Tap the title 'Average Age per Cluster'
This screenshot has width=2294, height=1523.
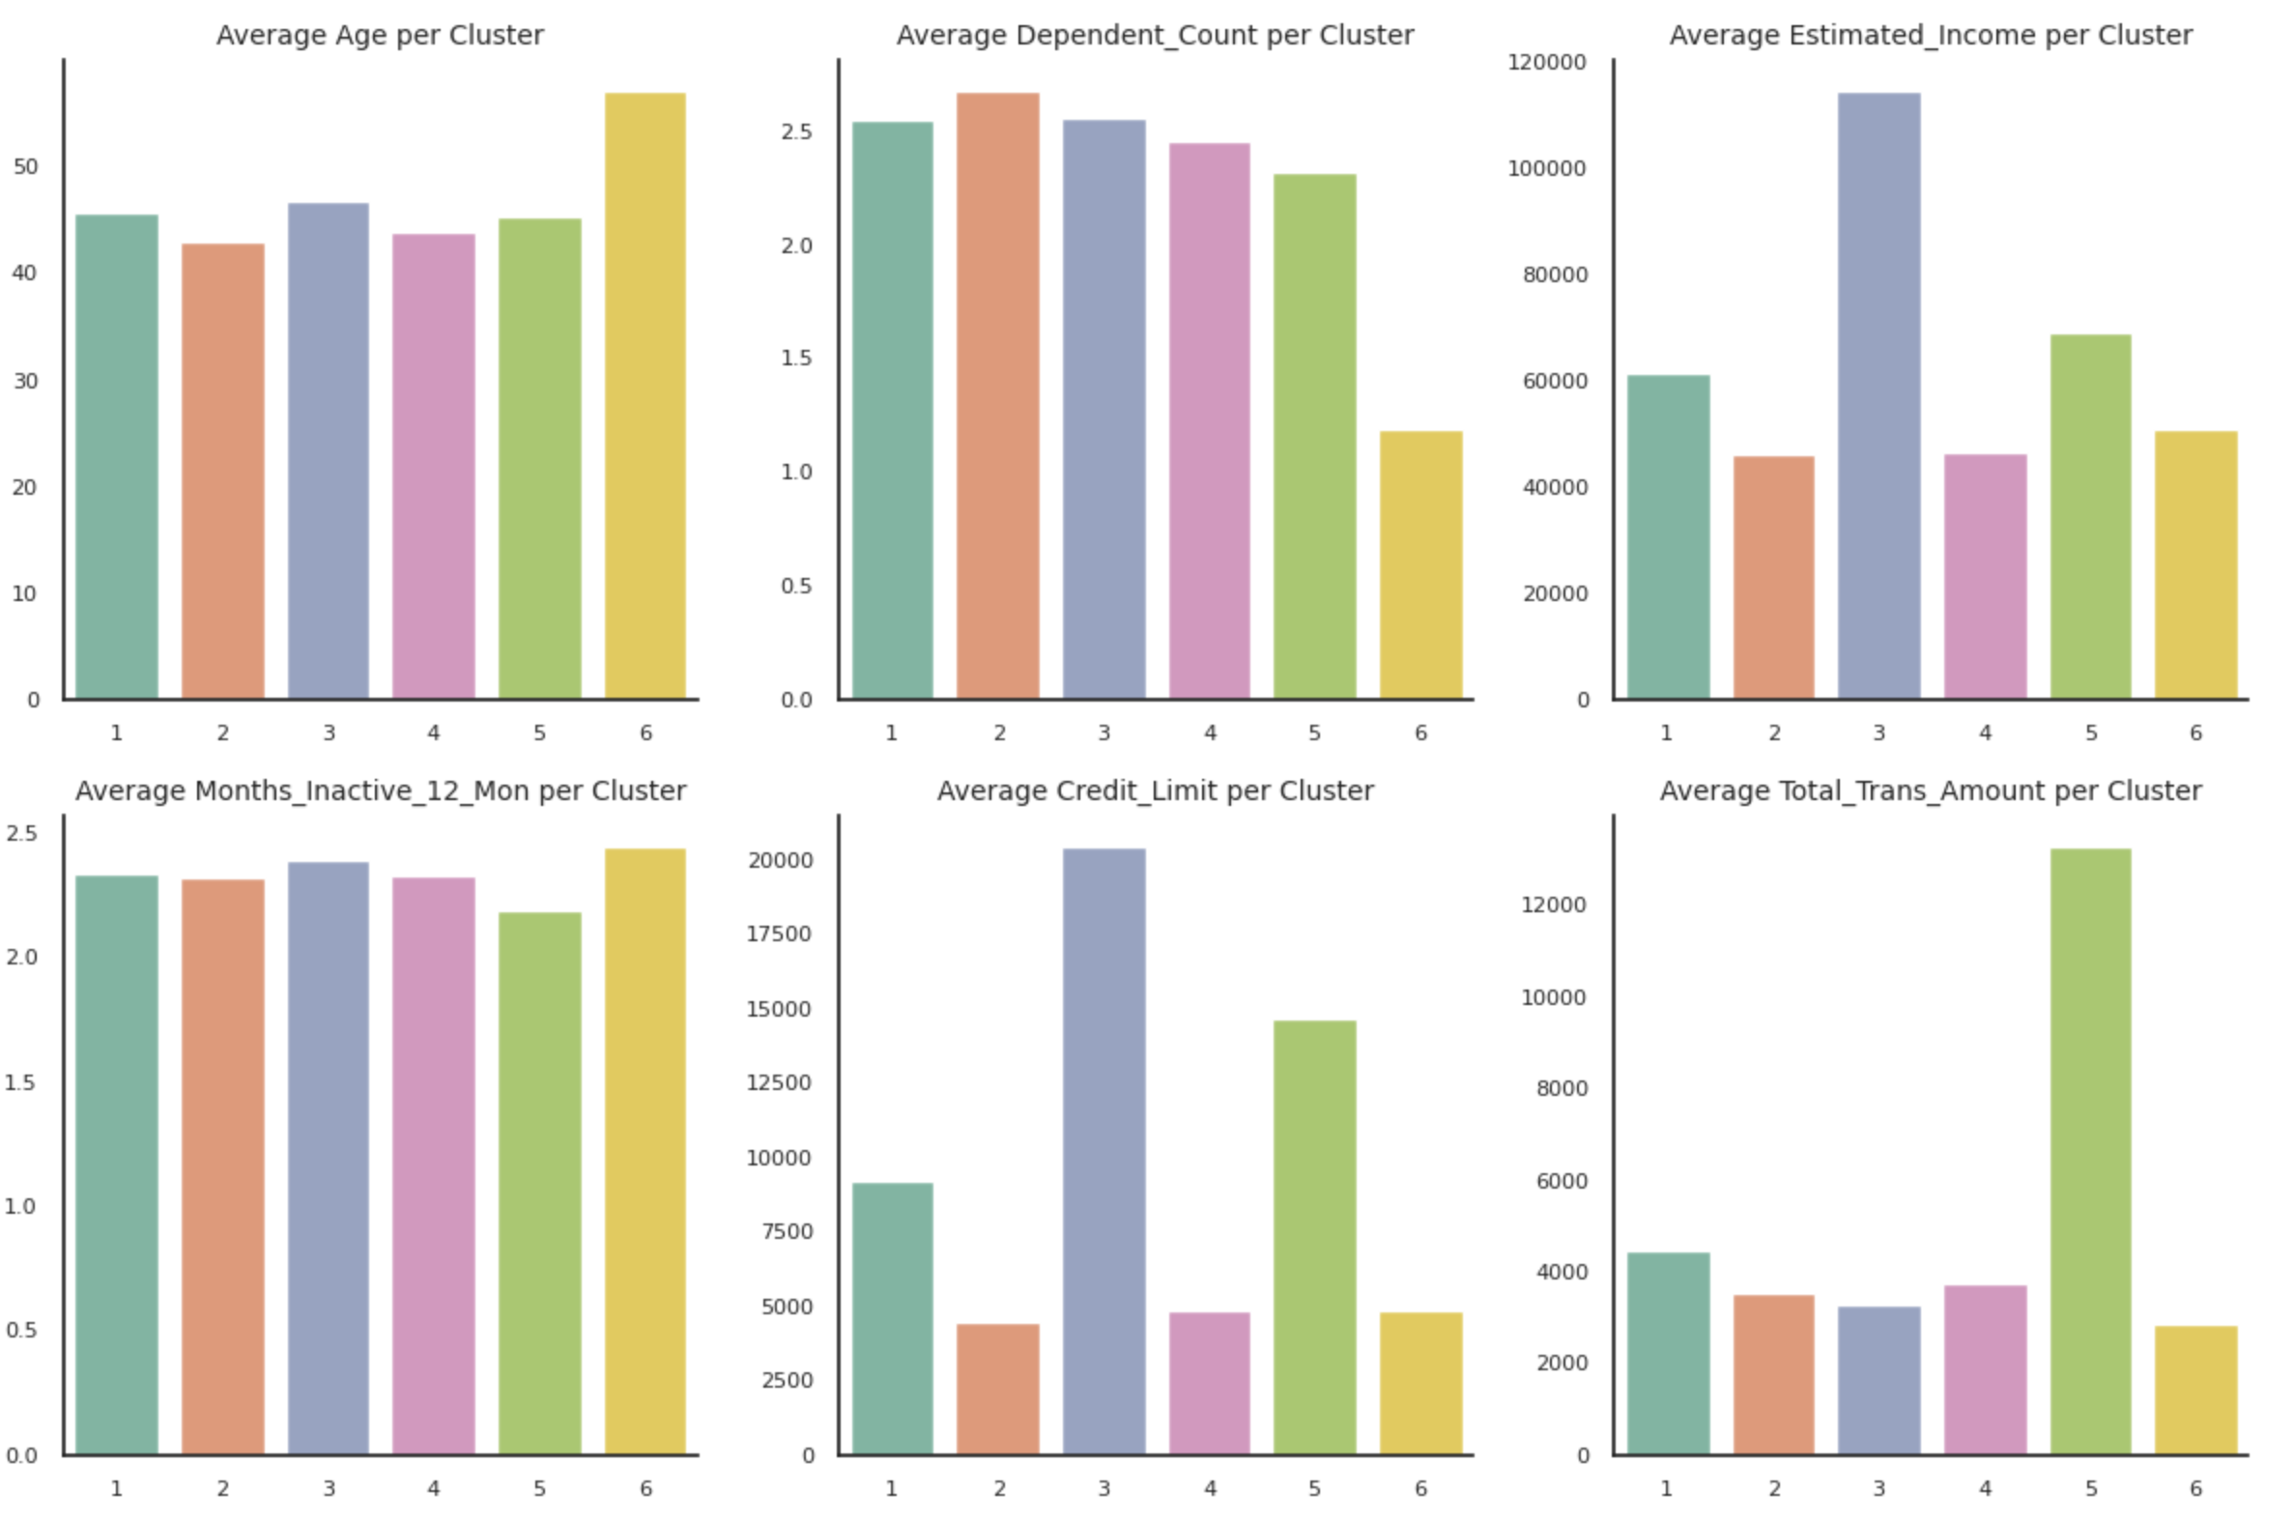click(x=380, y=35)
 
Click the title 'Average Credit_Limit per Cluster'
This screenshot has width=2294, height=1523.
click(x=1155, y=790)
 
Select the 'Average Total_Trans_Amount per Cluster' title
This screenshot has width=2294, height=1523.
click(x=1930, y=790)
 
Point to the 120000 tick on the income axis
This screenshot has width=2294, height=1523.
click(x=1546, y=62)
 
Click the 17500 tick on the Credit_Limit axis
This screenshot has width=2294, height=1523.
click(x=779, y=934)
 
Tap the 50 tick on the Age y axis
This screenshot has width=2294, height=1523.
click(x=26, y=167)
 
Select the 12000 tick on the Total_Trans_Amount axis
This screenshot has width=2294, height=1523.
click(x=1553, y=905)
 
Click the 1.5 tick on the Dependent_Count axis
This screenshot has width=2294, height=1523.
click(x=796, y=359)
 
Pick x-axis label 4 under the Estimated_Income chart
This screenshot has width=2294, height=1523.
click(x=1985, y=733)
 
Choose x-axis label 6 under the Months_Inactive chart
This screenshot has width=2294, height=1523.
click(x=645, y=1488)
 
